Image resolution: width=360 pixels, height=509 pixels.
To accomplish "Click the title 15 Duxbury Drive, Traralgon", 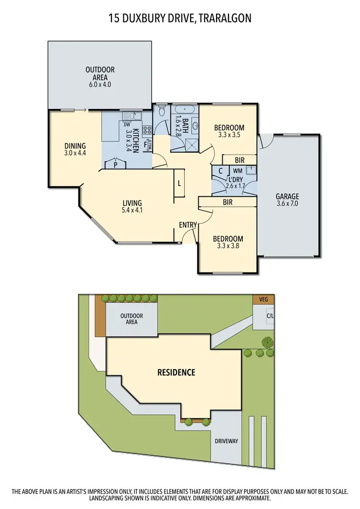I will (180, 18).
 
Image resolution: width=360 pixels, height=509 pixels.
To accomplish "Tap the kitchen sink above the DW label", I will (130, 115).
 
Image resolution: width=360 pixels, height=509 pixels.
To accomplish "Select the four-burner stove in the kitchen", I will (147, 129).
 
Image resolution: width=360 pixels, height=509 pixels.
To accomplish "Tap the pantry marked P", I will (115, 165).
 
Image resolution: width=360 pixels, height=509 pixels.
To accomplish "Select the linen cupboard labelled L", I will (179, 183).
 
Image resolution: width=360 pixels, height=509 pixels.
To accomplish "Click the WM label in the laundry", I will (238, 170).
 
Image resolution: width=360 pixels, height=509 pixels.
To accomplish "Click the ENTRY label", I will (187, 225).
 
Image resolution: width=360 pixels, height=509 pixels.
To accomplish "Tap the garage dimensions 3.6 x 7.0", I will (287, 203).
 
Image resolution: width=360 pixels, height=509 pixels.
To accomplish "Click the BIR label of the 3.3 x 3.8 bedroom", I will (228, 202).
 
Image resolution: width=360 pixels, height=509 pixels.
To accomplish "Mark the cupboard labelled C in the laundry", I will (220, 171).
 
